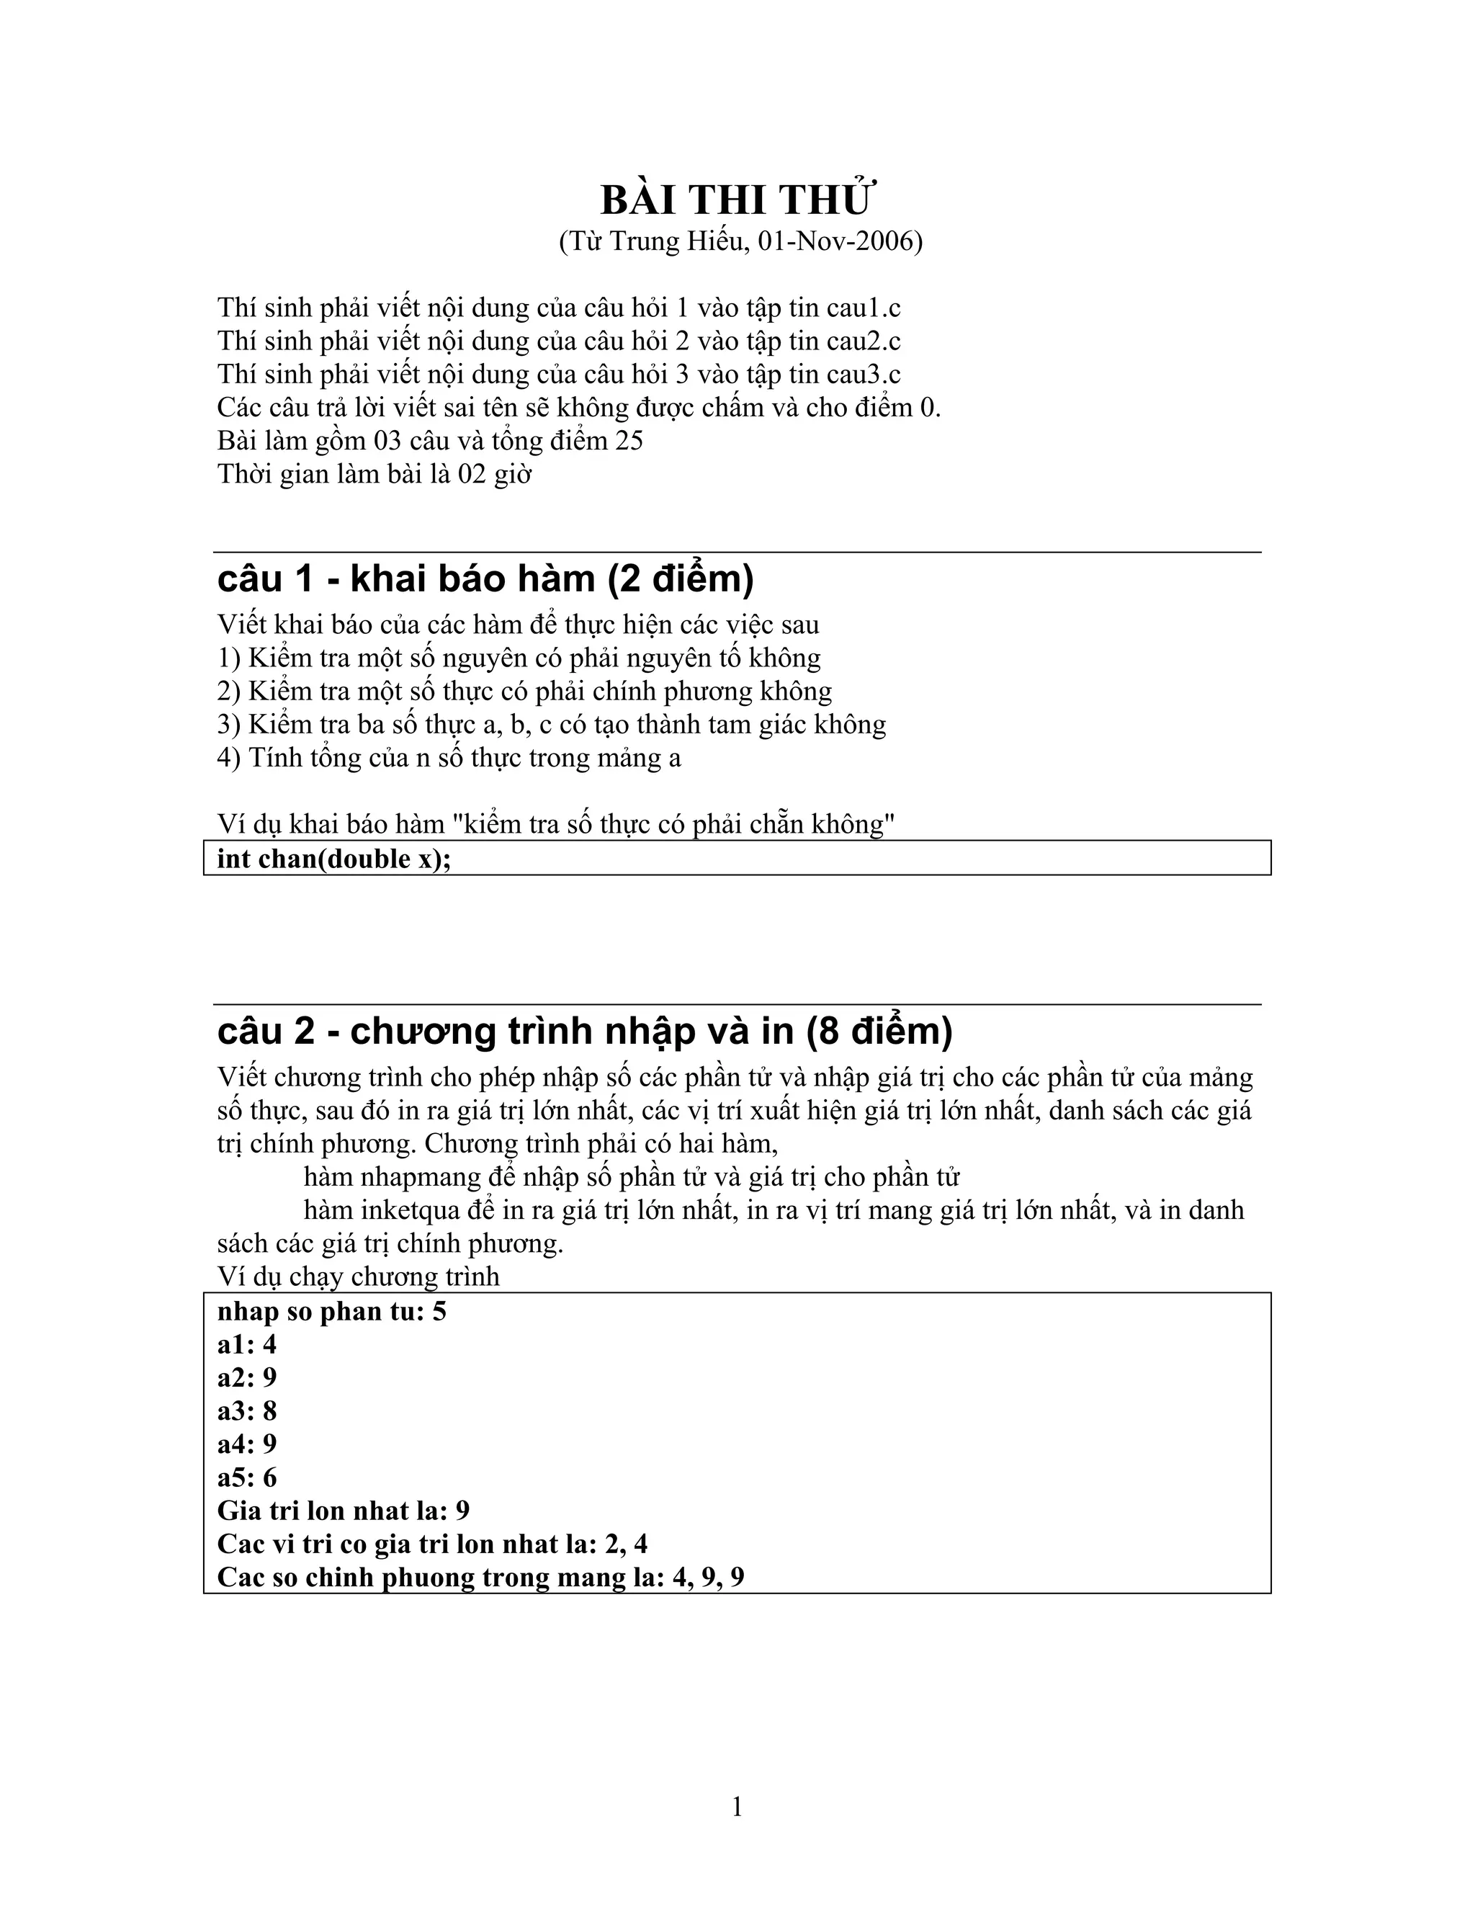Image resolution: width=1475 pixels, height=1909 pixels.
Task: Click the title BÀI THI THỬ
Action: point(737,200)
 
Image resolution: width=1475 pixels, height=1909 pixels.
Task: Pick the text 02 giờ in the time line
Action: point(495,474)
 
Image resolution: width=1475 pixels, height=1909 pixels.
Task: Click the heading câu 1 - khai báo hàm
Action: point(485,578)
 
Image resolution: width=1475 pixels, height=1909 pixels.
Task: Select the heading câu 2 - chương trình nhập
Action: point(583,1032)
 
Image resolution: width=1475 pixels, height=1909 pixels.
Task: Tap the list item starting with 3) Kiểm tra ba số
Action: point(552,725)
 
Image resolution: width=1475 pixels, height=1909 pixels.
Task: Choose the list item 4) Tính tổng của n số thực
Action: point(449,758)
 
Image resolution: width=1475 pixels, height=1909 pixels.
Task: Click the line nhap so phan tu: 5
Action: point(331,1311)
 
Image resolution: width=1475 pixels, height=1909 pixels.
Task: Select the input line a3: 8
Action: point(246,1410)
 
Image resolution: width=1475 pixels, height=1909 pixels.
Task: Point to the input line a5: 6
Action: point(246,1477)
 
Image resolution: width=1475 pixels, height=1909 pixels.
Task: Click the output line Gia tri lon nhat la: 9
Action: point(343,1511)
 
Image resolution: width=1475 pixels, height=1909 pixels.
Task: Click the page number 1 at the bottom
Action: point(737,1807)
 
